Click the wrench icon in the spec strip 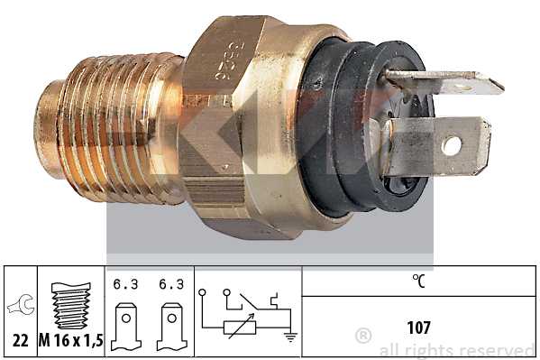pos(18,307)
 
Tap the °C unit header pos(418,281)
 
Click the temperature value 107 pos(418,327)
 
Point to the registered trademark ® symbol pos(363,336)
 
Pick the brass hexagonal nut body pos(243,126)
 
